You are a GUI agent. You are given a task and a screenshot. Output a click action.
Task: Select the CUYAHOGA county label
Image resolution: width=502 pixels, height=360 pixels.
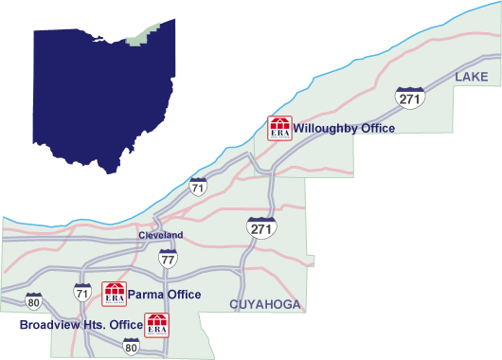pyautogui.click(x=264, y=304)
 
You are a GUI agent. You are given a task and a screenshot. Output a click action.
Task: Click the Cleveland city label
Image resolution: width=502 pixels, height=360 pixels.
pyautogui.click(x=160, y=235)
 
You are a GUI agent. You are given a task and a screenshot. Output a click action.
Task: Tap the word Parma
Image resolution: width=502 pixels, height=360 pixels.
pyautogui.click(x=145, y=295)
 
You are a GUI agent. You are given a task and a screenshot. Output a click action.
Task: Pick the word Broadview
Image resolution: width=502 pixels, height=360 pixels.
pyautogui.click(x=49, y=325)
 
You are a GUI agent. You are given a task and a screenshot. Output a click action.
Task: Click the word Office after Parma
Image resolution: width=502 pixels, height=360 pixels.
pyautogui.click(x=183, y=295)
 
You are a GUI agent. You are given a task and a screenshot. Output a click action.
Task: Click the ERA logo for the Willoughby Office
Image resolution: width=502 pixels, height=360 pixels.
pyautogui.click(x=279, y=128)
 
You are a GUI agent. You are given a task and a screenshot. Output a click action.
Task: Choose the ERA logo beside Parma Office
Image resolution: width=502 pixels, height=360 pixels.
pyautogui.click(x=114, y=294)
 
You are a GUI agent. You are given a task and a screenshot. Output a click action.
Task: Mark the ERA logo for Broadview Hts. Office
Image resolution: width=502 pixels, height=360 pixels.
pyautogui.click(x=155, y=325)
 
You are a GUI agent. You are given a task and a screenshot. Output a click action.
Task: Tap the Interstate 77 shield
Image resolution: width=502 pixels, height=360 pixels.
pyautogui.click(x=169, y=257)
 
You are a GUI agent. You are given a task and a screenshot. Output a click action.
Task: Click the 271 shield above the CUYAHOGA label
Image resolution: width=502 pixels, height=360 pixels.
pyautogui.click(x=261, y=227)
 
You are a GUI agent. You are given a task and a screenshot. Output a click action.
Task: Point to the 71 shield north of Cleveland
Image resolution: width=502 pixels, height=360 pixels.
pyautogui.click(x=198, y=187)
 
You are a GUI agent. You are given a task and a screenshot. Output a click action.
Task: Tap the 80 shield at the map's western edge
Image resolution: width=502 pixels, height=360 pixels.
pyautogui.click(x=33, y=302)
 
